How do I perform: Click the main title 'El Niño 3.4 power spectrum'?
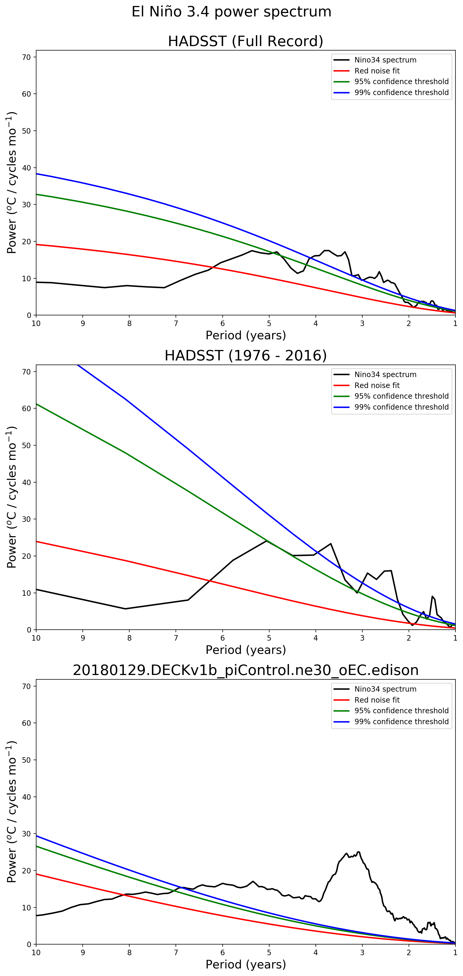pos(231,12)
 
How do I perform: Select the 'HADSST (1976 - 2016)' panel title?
pos(245,356)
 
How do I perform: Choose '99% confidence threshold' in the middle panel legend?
pos(401,407)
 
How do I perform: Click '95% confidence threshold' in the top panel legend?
pos(401,82)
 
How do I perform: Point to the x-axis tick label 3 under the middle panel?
pos(362,638)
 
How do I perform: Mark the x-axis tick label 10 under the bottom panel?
pos(36,953)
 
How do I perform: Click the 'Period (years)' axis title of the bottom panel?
pos(245,964)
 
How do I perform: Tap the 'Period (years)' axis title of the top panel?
pos(245,335)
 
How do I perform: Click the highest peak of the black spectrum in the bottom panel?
pos(358,852)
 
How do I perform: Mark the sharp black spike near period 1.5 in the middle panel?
pos(432,596)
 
